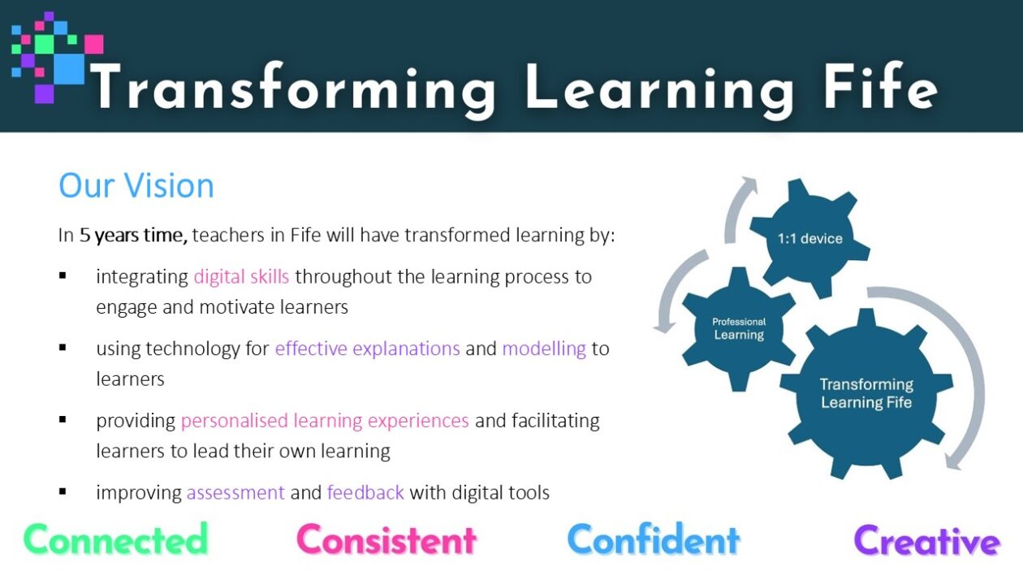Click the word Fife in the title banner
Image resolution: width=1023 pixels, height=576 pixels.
[880, 86]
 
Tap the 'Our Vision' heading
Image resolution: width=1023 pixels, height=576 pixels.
[136, 185]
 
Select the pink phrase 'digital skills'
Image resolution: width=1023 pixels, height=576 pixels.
[241, 276]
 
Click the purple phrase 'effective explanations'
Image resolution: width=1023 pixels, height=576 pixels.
[367, 349]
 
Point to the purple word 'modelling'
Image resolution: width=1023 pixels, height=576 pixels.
[544, 349]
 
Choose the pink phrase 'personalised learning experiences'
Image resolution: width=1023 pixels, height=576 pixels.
[325, 421]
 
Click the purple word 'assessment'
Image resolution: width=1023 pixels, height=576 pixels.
[235, 493]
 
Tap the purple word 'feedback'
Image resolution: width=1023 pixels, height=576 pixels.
[365, 492]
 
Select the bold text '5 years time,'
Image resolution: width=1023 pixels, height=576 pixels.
[133, 236]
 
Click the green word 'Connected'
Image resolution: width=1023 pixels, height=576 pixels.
[116, 539]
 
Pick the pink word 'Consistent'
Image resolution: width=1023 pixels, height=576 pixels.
[386, 540]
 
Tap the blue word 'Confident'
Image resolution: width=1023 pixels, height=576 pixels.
[653, 539]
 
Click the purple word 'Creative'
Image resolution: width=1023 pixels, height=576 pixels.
[926, 540]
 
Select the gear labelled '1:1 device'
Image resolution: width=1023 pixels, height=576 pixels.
[809, 238]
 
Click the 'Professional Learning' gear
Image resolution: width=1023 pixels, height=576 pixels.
[739, 329]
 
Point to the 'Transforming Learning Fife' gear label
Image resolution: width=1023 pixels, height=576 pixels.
[866, 393]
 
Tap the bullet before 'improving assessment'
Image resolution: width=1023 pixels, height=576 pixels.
[63, 492]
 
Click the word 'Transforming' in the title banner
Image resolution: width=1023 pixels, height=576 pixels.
[292, 88]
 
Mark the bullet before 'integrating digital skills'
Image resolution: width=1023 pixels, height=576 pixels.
[63, 275]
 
